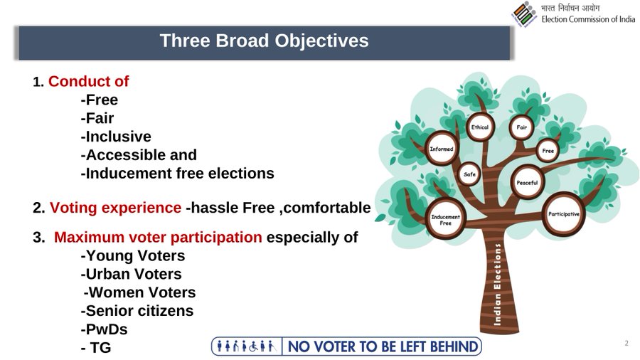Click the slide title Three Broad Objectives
(264, 41)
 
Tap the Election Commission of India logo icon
(524, 14)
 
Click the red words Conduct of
(89, 81)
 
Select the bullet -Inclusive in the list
(116, 137)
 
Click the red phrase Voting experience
(115, 208)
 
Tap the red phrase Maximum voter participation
(158, 237)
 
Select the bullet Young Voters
(133, 255)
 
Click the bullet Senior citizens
(137, 311)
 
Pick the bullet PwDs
(104, 329)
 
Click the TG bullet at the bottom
(96, 348)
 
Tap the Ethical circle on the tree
(480, 127)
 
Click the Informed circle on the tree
(442, 149)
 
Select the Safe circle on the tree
(469, 174)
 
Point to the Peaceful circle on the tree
(528, 182)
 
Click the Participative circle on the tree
(564, 214)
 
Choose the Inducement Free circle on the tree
(445, 220)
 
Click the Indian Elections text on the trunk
(497, 285)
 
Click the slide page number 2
(626, 343)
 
